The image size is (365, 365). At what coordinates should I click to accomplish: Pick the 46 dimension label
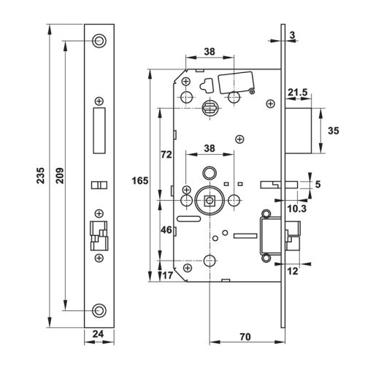pos(165,230)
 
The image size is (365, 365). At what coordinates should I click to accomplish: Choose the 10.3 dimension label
pos(296,210)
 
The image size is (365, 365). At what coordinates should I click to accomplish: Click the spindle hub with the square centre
pos(210,199)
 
